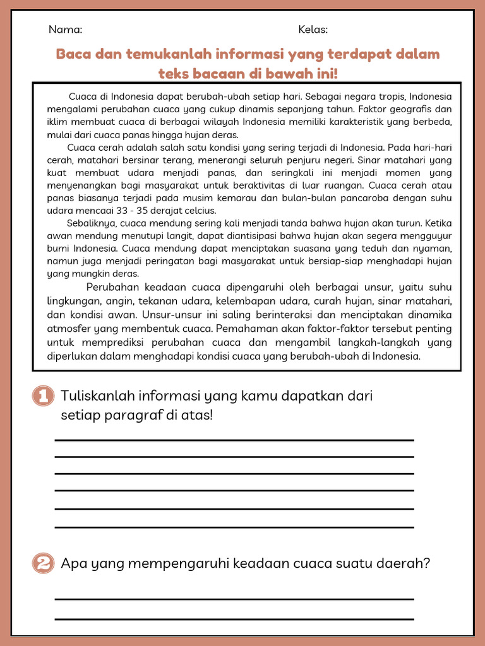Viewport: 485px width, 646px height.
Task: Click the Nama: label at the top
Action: pyautogui.click(x=65, y=30)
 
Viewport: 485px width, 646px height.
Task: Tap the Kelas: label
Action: pyautogui.click(x=313, y=30)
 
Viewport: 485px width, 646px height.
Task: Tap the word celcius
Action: pyautogui.click(x=199, y=211)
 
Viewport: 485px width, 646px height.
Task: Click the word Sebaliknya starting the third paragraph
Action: pyautogui.click(x=92, y=223)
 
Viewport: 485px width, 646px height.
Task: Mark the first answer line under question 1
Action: pyautogui.click(x=234, y=440)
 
